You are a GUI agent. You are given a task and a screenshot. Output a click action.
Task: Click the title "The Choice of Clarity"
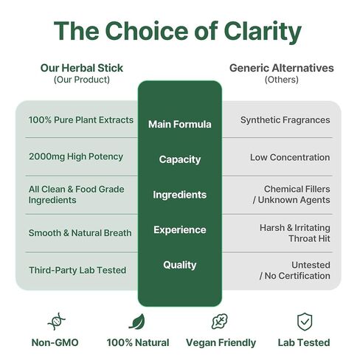pyautogui.click(x=178, y=31)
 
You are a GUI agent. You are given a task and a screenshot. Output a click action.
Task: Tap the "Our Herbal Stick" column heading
pyautogui.click(x=82, y=68)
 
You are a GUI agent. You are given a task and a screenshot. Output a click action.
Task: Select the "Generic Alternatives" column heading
pyautogui.click(x=282, y=68)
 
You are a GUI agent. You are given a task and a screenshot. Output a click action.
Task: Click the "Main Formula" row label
pyautogui.click(x=180, y=124)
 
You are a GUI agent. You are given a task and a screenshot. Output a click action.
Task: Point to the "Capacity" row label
pyautogui.click(x=180, y=160)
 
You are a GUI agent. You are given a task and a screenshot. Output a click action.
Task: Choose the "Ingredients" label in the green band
pyautogui.click(x=180, y=195)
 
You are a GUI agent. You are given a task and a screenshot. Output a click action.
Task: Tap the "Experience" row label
pyautogui.click(x=180, y=230)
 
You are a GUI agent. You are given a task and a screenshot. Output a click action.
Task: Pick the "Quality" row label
pyautogui.click(x=180, y=265)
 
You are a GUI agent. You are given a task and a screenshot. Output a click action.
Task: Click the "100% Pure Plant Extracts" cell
pyautogui.click(x=81, y=120)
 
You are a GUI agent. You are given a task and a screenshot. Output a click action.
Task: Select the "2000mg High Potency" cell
pyautogui.click(x=76, y=156)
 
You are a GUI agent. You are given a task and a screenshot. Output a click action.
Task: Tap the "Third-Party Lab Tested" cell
pyautogui.click(x=77, y=270)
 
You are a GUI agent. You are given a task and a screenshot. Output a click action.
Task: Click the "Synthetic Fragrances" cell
pyautogui.click(x=285, y=120)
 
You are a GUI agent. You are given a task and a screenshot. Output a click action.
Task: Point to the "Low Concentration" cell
pyautogui.click(x=290, y=157)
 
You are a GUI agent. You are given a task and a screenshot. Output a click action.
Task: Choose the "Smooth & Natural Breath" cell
pyautogui.click(x=80, y=233)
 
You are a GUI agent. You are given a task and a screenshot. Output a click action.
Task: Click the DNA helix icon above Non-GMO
pyautogui.click(x=57, y=322)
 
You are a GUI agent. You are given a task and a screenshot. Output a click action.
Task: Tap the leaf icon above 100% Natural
pyautogui.click(x=137, y=322)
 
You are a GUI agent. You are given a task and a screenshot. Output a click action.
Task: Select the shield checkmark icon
pyautogui.click(x=305, y=322)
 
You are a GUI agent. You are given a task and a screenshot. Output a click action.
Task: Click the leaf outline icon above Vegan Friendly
pyautogui.click(x=220, y=322)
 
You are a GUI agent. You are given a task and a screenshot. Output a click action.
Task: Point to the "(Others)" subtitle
pyautogui.click(x=282, y=80)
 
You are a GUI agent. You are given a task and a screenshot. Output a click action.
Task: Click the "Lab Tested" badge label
pyautogui.click(x=304, y=342)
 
